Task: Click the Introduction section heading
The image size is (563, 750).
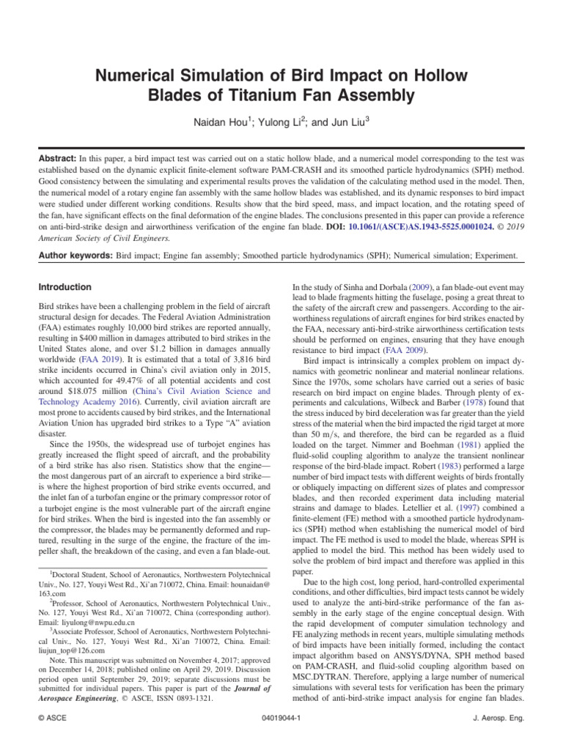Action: coord(65,287)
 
